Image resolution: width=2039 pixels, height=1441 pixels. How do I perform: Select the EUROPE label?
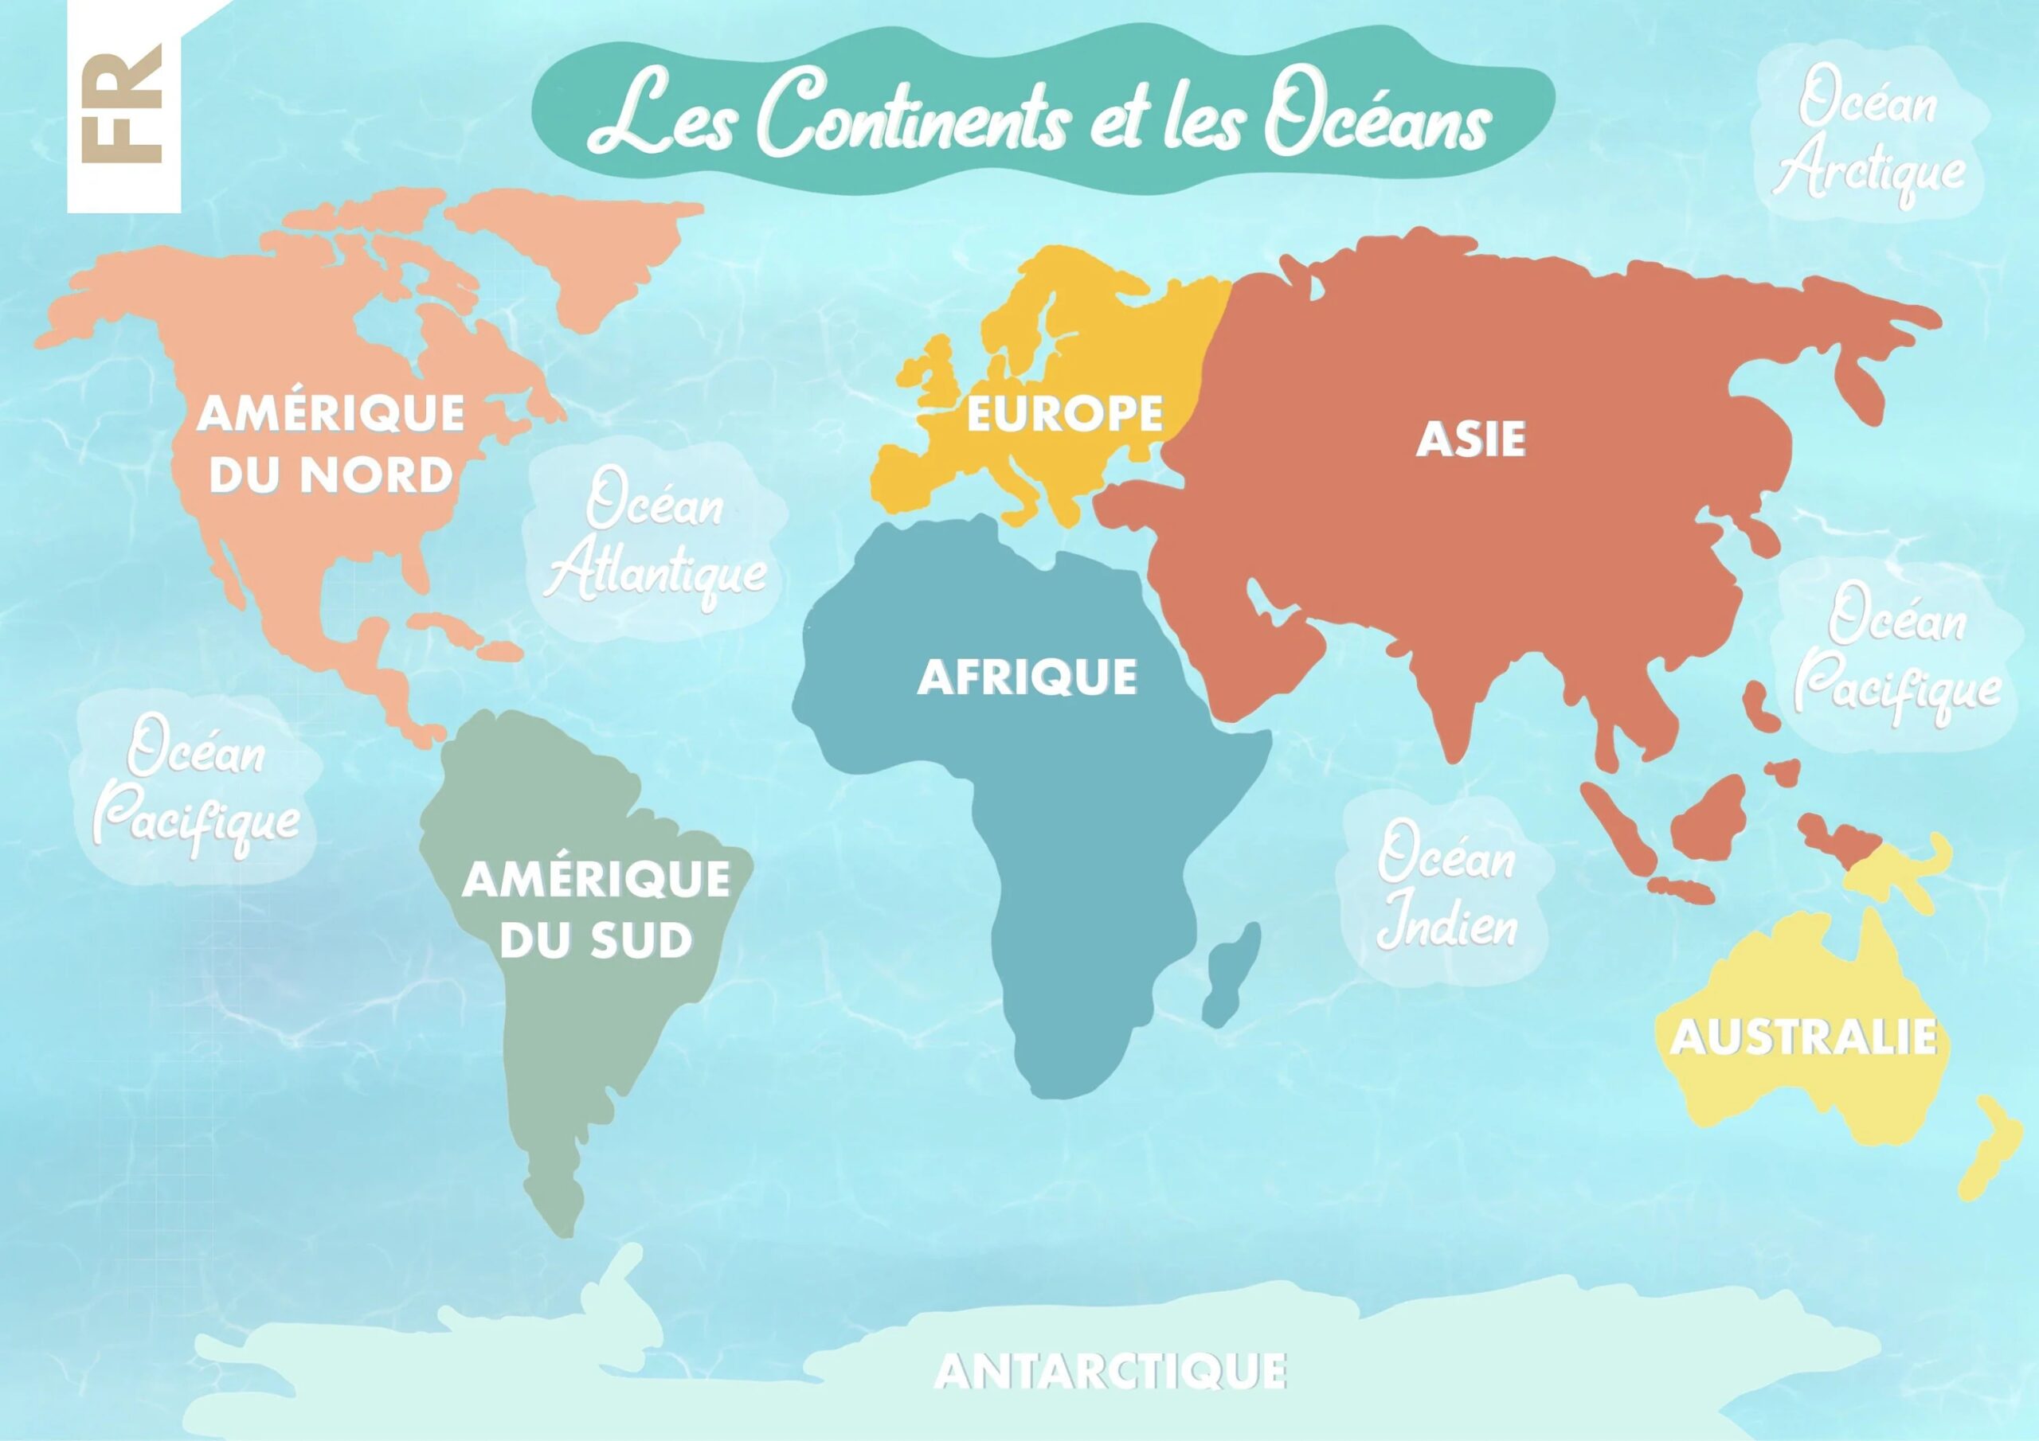(1064, 414)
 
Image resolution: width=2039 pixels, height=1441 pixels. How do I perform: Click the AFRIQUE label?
(1027, 678)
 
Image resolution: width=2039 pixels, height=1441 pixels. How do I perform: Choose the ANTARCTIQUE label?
(1110, 1372)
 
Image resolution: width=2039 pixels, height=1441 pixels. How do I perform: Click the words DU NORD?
(330, 475)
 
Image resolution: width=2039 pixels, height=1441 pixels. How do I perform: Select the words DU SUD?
(595, 941)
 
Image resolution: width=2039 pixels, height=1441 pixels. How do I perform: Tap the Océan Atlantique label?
(656, 544)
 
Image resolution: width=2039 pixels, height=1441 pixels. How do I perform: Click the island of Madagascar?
(1233, 972)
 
